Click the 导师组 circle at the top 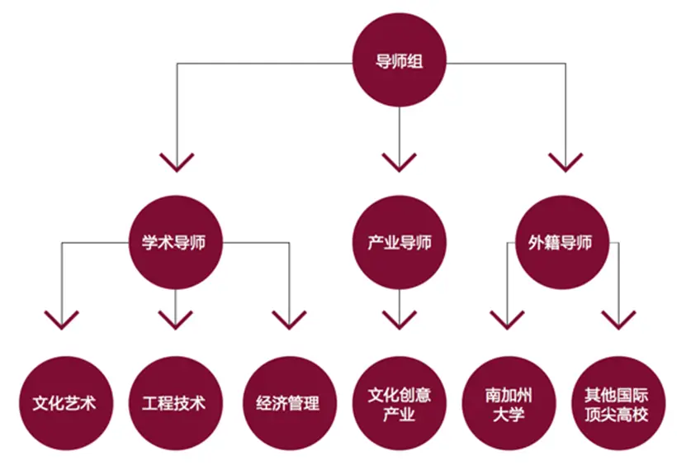pos(400,62)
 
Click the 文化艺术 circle pos(64,403)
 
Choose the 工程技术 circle pos(175,403)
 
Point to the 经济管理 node pos(290,403)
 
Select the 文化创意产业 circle pos(400,403)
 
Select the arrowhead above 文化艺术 pos(62,320)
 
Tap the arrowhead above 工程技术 pos(175,320)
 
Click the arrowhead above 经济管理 pos(290,320)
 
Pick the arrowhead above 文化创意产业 pos(400,320)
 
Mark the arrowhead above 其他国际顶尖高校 pos(618,320)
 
